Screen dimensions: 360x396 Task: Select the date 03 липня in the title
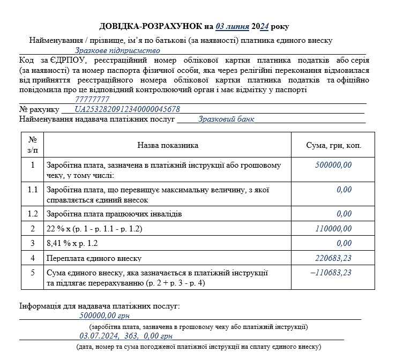233,26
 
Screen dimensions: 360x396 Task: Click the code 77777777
92,99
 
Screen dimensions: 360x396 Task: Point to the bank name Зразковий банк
226,119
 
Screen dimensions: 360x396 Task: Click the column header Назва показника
168,145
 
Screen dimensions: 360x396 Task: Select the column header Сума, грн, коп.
333,145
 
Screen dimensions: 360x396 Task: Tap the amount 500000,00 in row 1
333,165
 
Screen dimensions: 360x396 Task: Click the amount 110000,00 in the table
333,229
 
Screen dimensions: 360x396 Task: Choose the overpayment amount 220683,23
333,258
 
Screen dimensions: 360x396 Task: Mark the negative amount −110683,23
331,272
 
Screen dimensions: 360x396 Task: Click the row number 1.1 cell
33,189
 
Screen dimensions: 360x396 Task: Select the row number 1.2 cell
33,214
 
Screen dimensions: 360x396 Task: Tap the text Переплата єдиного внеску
94,258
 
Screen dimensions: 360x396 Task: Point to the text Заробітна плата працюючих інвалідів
114,214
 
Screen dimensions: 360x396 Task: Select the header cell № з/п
33,145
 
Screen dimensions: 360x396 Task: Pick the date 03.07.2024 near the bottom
99,336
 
